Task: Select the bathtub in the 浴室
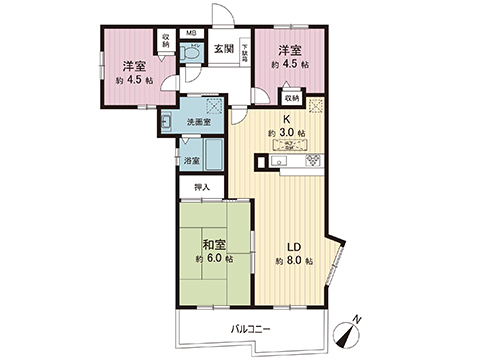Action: [x=212, y=155]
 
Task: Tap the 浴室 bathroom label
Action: [x=190, y=160]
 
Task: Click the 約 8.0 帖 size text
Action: [x=296, y=262]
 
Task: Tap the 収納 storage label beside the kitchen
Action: [x=291, y=99]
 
